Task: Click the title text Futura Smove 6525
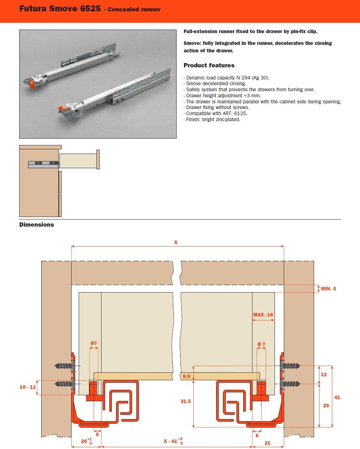tap(60, 9)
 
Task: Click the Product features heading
tap(209, 65)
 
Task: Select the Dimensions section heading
tap(36, 224)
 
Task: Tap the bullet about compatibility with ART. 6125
tap(216, 113)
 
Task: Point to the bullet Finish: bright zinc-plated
tap(213, 119)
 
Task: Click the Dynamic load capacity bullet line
tap(228, 77)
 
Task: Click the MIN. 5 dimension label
tap(328, 289)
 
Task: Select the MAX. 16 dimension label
tap(263, 315)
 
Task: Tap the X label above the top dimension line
tap(176, 242)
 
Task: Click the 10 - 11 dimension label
tap(27, 387)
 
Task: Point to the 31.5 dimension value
tap(186, 401)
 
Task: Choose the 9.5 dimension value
tap(186, 376)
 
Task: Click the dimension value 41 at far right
tap(337, 397)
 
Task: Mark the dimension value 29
tap(326, 406)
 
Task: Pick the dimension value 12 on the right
tap(324, 375)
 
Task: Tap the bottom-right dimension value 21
tap(267, 443)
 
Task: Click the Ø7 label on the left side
tap(93, 343)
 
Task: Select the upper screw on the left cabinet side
tap(63, 366)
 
